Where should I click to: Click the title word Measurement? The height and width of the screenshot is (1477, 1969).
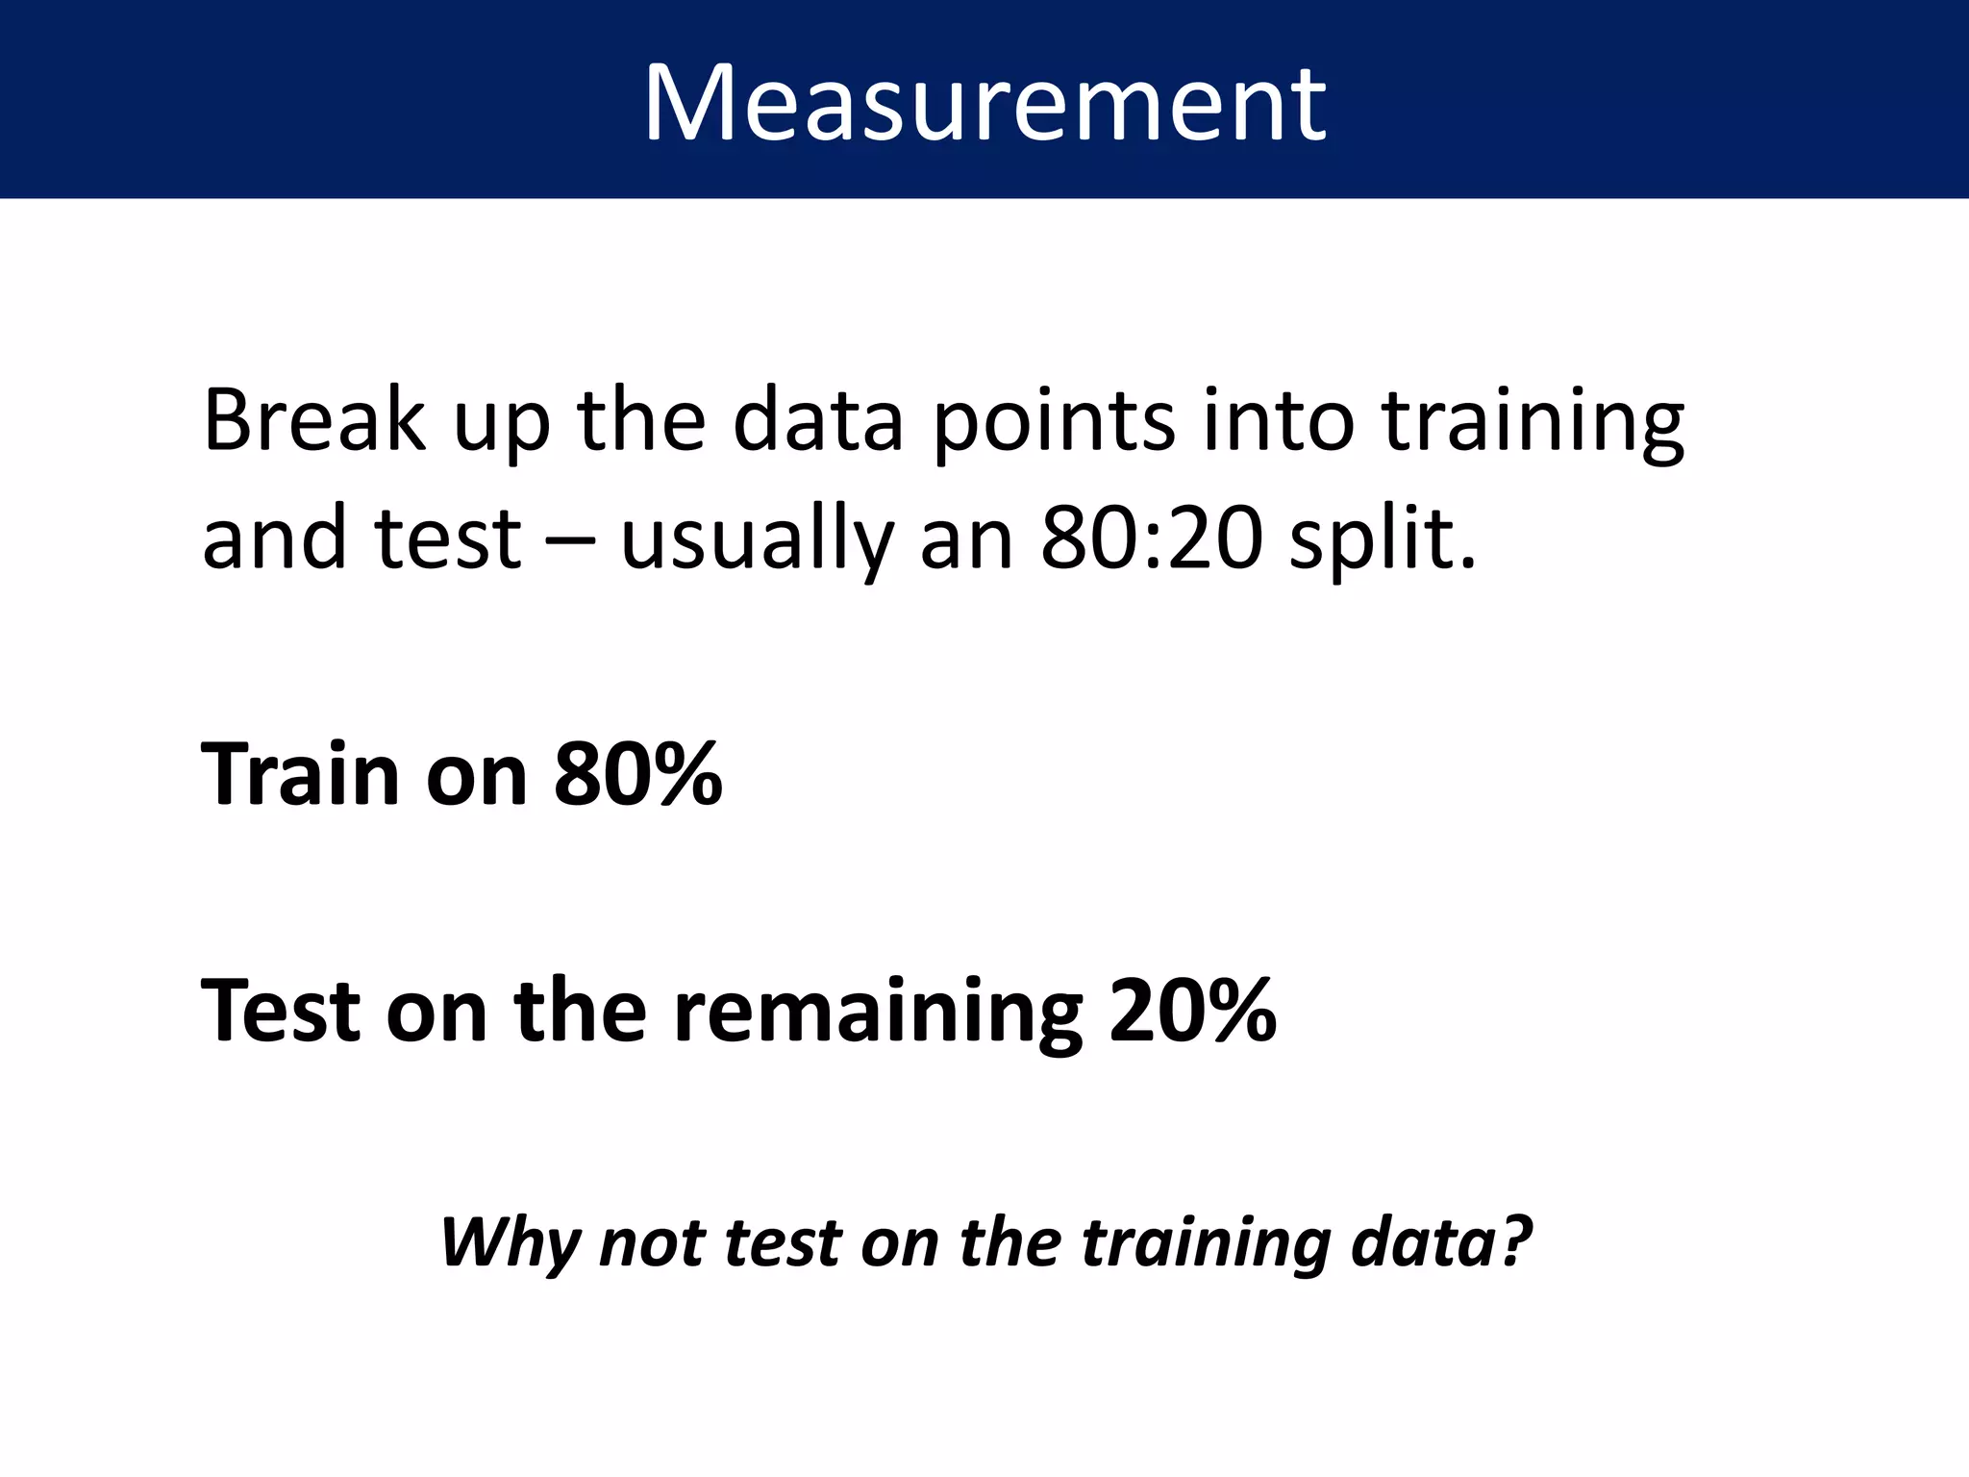984,103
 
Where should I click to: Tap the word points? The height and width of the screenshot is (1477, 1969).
1054,423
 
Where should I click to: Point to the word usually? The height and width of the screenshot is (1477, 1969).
757,540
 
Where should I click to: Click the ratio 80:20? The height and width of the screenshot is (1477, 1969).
1151,538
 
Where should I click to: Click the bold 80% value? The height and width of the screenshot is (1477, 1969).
637,774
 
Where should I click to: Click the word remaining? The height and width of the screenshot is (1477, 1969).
878,1013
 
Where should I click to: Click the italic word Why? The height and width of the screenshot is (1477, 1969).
510,1243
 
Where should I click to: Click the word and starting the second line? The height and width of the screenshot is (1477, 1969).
274,538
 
